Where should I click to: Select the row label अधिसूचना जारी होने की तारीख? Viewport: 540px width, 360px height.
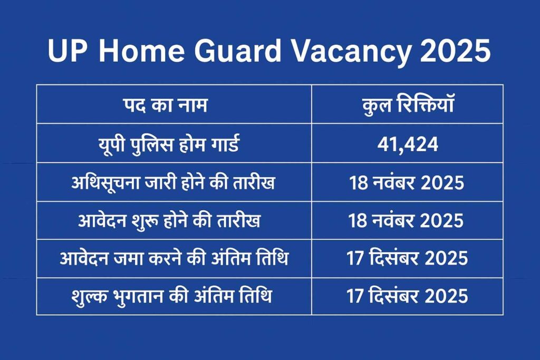tap(173, 183)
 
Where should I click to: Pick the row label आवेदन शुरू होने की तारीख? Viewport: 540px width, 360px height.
tap(173, 221)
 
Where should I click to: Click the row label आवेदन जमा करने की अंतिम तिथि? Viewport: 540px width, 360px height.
tap(173, 259)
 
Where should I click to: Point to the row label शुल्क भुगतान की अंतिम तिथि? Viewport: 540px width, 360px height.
tap(173, 297)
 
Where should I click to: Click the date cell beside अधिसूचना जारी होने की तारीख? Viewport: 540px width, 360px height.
tap(407, 183)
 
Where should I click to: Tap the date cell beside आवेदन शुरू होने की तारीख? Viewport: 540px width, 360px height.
tap(407, 221)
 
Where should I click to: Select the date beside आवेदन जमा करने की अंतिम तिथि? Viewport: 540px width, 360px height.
tap(407, 259)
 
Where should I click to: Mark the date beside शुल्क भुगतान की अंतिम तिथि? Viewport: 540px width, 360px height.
tap(407, 297)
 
